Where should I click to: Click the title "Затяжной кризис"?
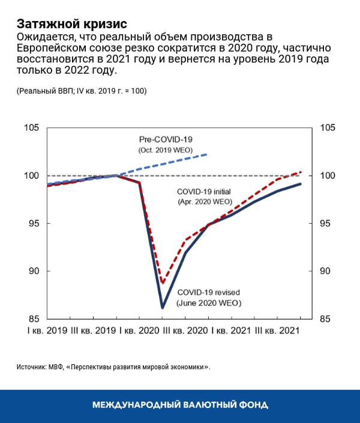tap(71, 24)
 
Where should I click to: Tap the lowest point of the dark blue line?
tap(163, 308)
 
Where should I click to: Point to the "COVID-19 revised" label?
tap(209, 293)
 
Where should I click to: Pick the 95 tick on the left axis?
tap(33, 223)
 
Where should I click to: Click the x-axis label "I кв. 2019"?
tap(46, 331)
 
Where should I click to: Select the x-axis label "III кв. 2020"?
tap(187, 331)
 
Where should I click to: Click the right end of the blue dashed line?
tap(207, 154)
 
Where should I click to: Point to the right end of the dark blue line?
tap(301, 184)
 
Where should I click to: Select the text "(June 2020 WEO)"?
tap(209, 304)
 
